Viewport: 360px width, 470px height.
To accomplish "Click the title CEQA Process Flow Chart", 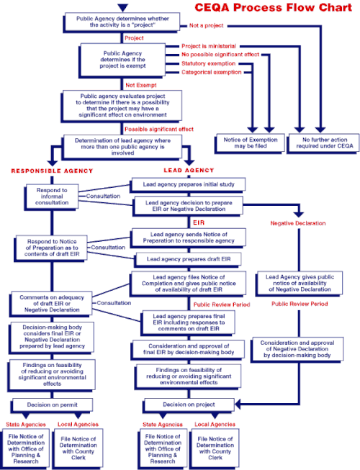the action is click(273, 7).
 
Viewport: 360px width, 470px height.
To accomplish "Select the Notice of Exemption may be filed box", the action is click(250, 143).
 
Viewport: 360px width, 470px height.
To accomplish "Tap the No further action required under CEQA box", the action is click(323, 143).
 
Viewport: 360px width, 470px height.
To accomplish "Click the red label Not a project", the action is click(206, 26).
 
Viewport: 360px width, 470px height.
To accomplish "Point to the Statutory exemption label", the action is click(208, 63).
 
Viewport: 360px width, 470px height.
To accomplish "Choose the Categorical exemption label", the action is click(212, 72).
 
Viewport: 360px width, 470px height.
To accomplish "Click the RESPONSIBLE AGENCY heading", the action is click(52, 171).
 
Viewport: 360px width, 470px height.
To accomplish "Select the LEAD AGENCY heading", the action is click(189, 171).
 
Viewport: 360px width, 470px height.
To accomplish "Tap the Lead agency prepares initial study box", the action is click(188, 185).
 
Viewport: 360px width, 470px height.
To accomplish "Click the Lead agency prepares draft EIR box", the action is click(188, 259).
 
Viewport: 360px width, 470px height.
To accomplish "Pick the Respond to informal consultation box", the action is click(52, 196).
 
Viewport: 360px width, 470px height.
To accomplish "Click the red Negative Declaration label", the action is click(298, 223).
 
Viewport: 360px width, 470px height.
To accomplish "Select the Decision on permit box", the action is click(52, 405).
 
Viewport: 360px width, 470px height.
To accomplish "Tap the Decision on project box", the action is click(189, 405).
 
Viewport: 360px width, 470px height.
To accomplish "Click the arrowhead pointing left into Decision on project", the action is click(238, 404).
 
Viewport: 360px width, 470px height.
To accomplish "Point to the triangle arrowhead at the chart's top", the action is click(123, 7).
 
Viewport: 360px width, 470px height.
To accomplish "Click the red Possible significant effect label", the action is click(159, 129).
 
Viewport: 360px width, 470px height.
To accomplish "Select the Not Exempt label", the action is click(141, 85).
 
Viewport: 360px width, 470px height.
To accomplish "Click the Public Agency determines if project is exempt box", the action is click(122, 60).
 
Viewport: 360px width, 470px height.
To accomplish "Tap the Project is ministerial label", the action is click(209, 46).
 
